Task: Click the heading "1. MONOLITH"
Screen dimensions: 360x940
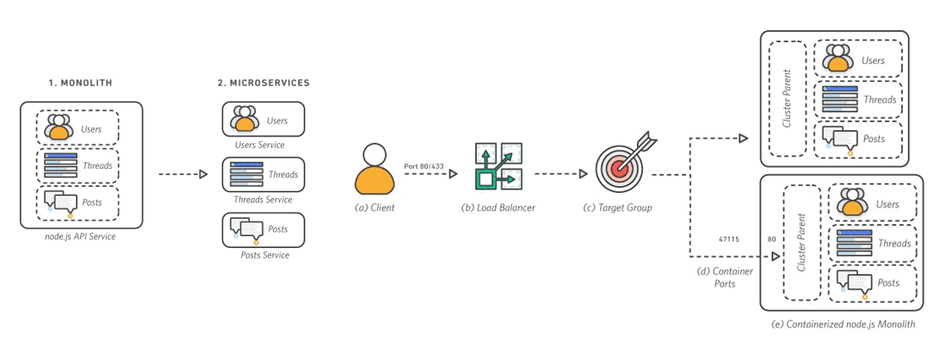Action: pyautogui.click(x=79, y=83)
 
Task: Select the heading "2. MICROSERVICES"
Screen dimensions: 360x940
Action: pyautogui.click(x=263, y=83)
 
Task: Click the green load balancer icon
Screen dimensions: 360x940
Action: pyautogui.click(x=498, y=167)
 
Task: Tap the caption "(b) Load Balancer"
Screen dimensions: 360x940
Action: pyautogui.click(x=498, y=208)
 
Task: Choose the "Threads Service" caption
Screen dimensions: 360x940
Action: pyautogui.click(x=263, y=199)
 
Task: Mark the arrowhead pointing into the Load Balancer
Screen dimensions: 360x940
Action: pyautogui.click(x=452, y=174)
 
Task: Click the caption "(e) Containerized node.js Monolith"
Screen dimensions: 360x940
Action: pyautogui.click(x=838, y=325)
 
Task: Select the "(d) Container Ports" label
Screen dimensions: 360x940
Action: pyautogui.click(x=724, y=277)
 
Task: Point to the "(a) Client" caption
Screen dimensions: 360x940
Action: pyautogui.click(x=374, y=208)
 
